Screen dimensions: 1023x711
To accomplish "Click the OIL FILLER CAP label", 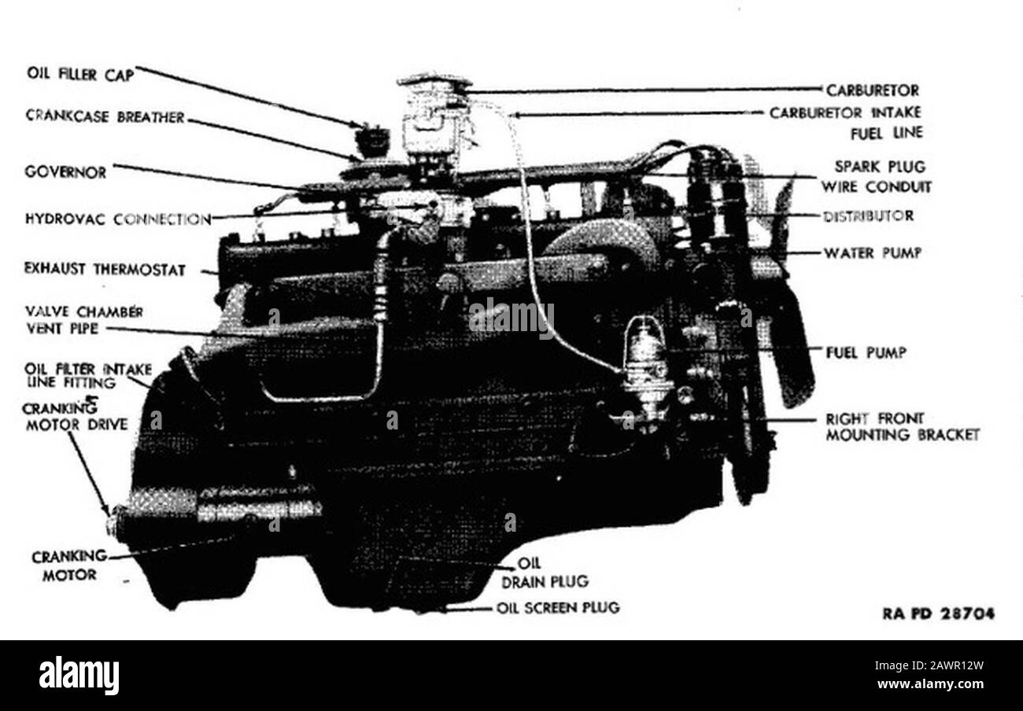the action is (81, 75).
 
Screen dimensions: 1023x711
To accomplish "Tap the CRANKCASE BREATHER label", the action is (105, 117).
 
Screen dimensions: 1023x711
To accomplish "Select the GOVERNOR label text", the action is (65, 172).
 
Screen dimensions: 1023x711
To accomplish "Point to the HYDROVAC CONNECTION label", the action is (118, 219).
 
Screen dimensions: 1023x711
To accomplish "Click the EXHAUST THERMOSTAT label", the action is (105, 269).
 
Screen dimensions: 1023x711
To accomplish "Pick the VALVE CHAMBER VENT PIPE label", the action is (84, 320).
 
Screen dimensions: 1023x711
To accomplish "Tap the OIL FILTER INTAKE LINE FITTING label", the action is (87, 376).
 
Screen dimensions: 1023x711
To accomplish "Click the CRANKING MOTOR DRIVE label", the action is (76, 417).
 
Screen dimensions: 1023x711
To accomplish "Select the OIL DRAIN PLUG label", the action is (545, 573).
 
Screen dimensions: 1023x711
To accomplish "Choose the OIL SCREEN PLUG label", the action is (558, 608).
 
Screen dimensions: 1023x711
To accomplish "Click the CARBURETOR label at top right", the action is (872, 90).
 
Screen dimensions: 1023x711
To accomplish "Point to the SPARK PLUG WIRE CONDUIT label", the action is (877, 177).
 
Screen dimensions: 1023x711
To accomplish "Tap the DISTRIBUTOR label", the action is (869, 216).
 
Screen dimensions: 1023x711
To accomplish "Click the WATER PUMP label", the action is (872, 252).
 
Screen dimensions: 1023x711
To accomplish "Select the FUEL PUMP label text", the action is (866, 352).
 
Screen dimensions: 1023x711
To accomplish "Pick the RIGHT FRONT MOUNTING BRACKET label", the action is (903, 427).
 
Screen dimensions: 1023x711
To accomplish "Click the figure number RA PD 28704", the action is (939, 613).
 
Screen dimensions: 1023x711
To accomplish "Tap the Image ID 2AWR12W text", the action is (929, 665).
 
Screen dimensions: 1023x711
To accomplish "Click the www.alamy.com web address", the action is (930, 684).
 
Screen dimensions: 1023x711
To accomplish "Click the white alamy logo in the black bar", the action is (79, 675).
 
